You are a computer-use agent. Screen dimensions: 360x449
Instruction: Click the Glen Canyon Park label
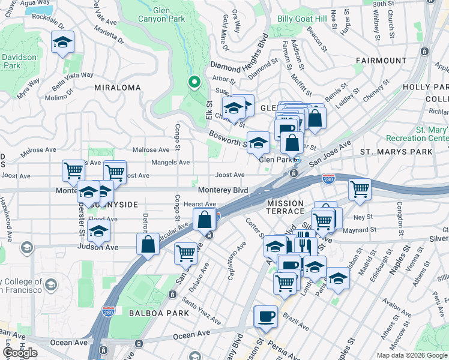point(170,16)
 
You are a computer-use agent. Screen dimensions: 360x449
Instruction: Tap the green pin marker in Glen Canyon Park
point(194,82)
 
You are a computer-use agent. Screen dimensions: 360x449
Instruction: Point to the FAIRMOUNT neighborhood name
point(381,61)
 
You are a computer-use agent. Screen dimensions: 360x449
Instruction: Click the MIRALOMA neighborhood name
point(118,88)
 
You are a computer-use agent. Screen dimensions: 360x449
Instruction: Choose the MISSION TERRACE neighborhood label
point(286,207)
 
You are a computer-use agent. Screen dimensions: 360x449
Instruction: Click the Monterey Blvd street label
point(223,190)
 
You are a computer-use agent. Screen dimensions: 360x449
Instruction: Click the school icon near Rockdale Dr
point(62,43)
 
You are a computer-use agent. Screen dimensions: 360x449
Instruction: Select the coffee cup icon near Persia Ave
point(265,316)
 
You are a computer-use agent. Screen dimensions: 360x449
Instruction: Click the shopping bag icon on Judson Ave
point(148,244)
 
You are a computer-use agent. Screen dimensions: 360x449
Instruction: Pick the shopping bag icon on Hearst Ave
point(205,220)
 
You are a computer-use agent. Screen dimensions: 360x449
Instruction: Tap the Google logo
point(20,353)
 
